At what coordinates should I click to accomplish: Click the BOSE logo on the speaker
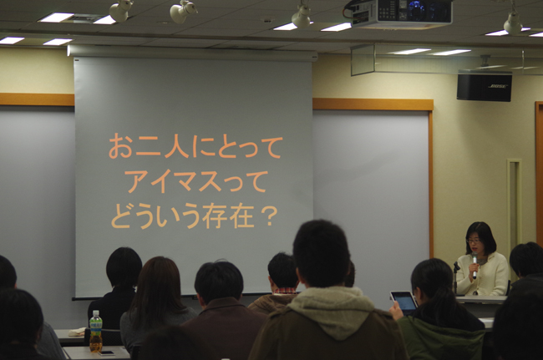click(x=498, y=86)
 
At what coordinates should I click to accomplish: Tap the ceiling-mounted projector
click(x=402, y=13)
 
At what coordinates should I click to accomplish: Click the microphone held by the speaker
click(x=474, y=265)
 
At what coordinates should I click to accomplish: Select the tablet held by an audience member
click(x=404, y=302)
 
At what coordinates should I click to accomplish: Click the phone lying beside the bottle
click(x=106, y=353)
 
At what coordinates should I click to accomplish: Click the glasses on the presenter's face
click(x=474, y=241)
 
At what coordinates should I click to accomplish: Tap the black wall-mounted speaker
click(x=485, y=86)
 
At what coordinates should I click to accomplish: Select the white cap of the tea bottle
click(x=95, y=312)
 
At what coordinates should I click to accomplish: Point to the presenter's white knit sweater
click(x=484, y=275)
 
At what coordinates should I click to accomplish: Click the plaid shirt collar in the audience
click(x=286, y=291)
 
